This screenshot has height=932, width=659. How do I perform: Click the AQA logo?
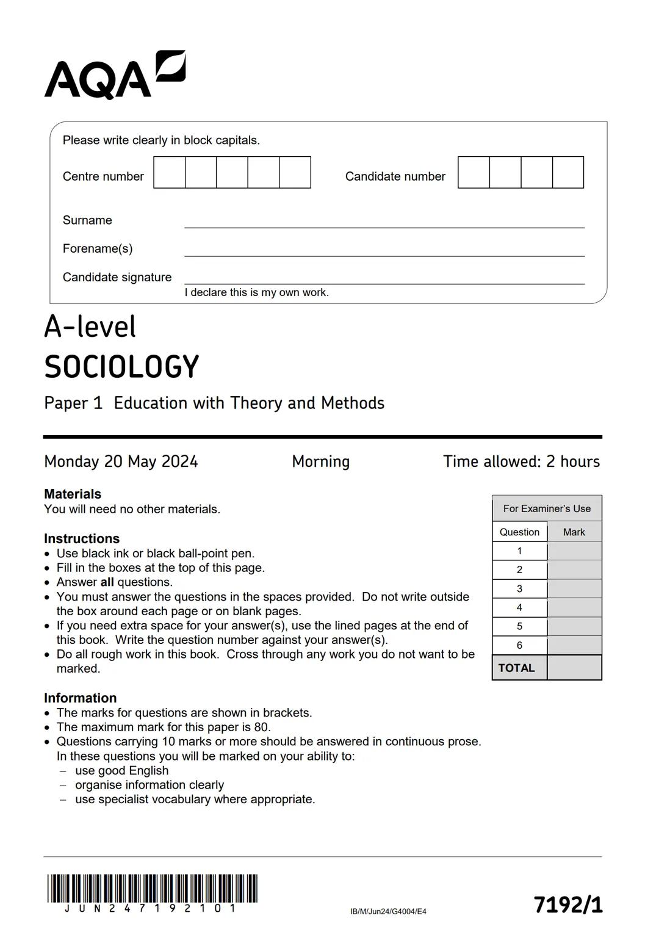pyautogui.click(x=114, y=76)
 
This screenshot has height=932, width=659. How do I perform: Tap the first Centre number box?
pyautogui.click(x=170, y=172)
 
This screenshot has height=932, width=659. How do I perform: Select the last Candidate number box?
pyautogui.click(x=568, y=172)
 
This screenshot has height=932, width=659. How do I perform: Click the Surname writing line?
pyautogui.click(x=384, y=223)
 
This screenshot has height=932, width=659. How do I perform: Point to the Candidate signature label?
pyautogui.click(x=117, y=277)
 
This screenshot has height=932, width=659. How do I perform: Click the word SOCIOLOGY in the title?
pyautogui.click(x=121, y=367)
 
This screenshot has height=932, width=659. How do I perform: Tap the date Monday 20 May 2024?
pyautogui.click(x=121, y=461)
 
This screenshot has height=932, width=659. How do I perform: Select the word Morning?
pyautogui.click(x=320, y=461)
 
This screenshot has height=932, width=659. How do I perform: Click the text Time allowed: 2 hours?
pyautogui.click(x=521, y=461)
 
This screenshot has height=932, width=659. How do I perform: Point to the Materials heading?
pyautogui.click(x=73, y=494)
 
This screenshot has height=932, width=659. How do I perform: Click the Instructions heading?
pyautogui.click(x=82, y=538)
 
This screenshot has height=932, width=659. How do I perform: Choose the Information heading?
pyautogui.click(x=80, y=698)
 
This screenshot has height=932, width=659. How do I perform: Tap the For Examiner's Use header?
pyautogui.click(x=547, y=508)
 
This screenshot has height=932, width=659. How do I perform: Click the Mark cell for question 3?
pyautogui.click(x=574, y=588)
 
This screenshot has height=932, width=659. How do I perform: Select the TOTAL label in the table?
pyautogui.click(x=516, y=668)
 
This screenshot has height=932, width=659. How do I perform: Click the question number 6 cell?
pyautogui.click(x=519, y=645)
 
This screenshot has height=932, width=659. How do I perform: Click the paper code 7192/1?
pyautogui.click(x=567, y=905)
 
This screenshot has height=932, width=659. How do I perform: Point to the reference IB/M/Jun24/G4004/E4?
pyautogui.click(x=388, y=911)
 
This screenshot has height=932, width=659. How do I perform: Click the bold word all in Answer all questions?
pyautogui.click(x=107, y=582)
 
